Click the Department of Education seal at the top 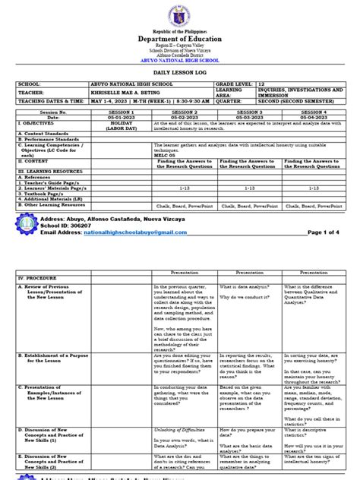coord(179,17)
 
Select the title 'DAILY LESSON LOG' coord(180,90)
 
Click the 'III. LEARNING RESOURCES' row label coord(49,193)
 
